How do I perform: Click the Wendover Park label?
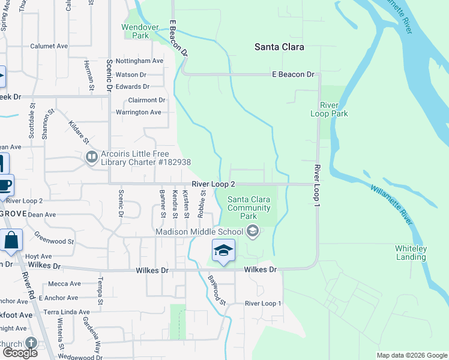pos(136,31)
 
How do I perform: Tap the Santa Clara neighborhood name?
pos(279,47)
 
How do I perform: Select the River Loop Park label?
pos(329,109)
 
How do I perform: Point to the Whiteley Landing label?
pos(411,253)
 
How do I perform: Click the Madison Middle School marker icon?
pos(253,231)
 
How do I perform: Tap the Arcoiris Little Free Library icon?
pos(92,157)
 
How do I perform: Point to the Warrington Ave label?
pos(138,112)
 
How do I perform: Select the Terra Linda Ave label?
pos(66,312)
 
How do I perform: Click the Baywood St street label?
pos(217,289)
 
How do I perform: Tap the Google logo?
pos(20,353)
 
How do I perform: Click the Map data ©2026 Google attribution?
pos(411,355)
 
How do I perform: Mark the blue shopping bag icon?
pos(11,240)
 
